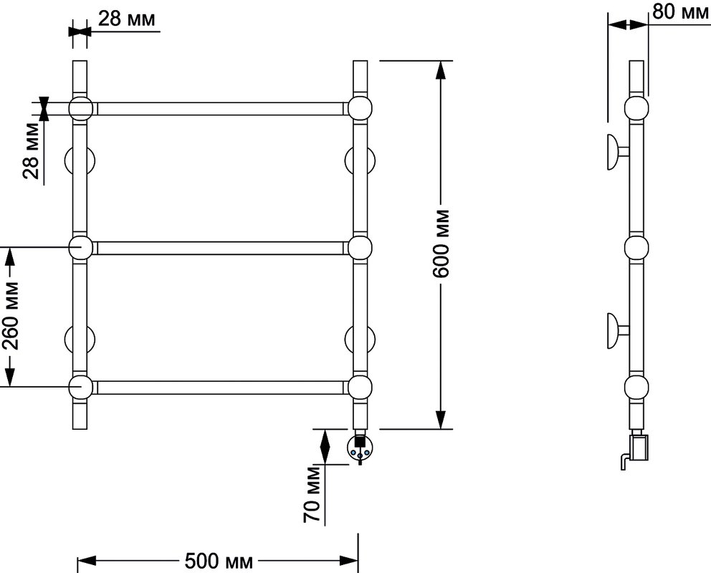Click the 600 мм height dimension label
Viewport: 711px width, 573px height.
point(440,244)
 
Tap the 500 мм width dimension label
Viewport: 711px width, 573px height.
point(219,562)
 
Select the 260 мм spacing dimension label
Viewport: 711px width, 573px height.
point(11,316)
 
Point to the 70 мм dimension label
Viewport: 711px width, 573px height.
point(312,494)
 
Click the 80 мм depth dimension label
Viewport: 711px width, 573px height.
point(681,11)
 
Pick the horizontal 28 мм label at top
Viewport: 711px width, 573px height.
point(127,19)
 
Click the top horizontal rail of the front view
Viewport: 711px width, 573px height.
point(219,109)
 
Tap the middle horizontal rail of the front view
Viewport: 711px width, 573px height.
point(219,249)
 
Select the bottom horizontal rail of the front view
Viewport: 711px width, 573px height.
point(219,387)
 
